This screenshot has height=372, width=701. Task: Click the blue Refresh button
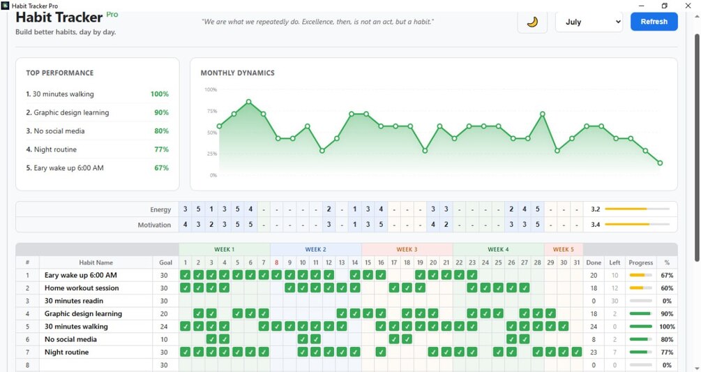(x=654, y=22)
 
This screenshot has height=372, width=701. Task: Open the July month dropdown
(x=589, y=22)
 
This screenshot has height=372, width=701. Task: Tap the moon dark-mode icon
(x=532, y=22)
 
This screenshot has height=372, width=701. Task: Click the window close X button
(x=688, y=6)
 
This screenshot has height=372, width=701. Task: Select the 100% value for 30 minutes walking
(x=160, y=94)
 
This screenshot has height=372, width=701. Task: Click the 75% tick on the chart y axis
(x=212, y=111)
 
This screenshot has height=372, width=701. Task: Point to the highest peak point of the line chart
(x=248, y=102)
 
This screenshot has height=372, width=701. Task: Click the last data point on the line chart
(x=660, y=163)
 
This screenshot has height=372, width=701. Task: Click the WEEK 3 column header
(x=407, y=249)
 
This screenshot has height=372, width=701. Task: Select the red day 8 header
(x=276, y=262)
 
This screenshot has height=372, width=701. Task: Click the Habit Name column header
(x=96, y=262)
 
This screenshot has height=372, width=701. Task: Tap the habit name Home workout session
(x=82, y=288)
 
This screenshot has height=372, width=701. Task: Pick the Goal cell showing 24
(x=164, y=327)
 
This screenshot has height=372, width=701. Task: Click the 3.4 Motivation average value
(x=595, y=225)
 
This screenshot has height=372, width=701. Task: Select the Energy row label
(x=160, y=209)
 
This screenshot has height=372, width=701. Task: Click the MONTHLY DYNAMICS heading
(x=237, y=73)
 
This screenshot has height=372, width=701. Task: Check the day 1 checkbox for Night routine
(x=185, y=352)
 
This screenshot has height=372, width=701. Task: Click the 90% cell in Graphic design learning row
(x=667, y=314)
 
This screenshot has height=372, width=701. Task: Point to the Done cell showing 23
(x=594, y=352)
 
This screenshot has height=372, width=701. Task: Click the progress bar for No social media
(x=640, y=339)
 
